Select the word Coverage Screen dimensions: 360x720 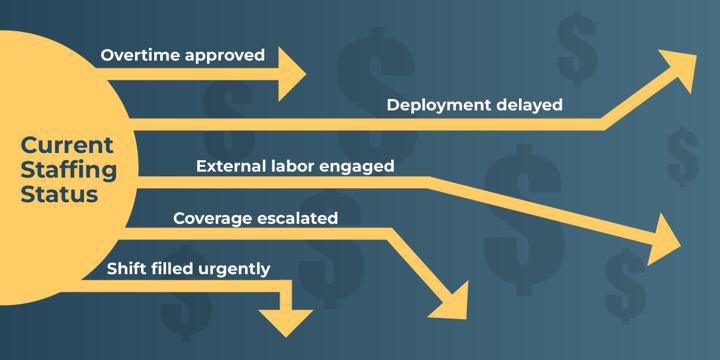point(210,218)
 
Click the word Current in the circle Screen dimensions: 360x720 point(67,145)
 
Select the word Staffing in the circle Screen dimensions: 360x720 point(68,170)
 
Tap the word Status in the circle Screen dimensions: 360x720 point(59,195)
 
